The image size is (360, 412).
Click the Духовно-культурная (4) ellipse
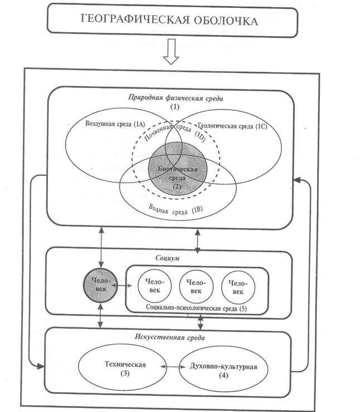(x=223, y=369)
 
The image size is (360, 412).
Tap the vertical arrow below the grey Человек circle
(x=101, y=316)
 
